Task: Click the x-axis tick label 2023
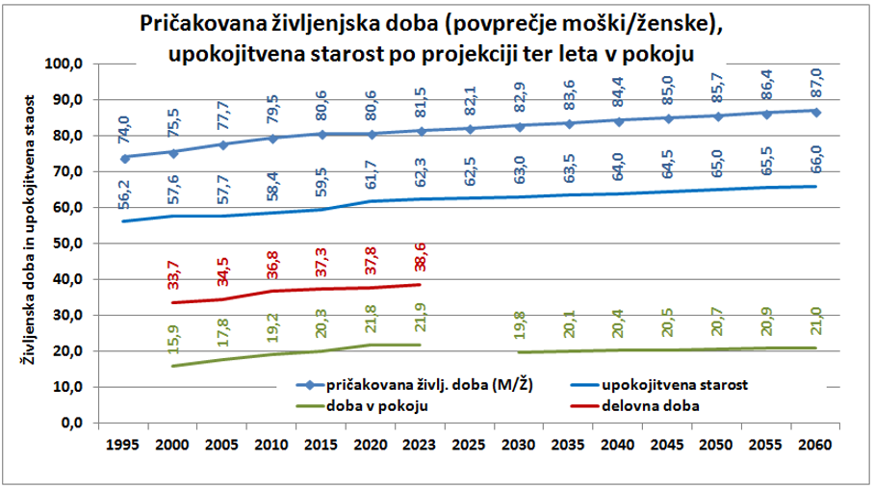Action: click(x=422, y=447)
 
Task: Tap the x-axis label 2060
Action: click(x=814, y=447)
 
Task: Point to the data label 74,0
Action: click(x=127, y=127)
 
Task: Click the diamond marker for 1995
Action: click(x=127, y=157)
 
